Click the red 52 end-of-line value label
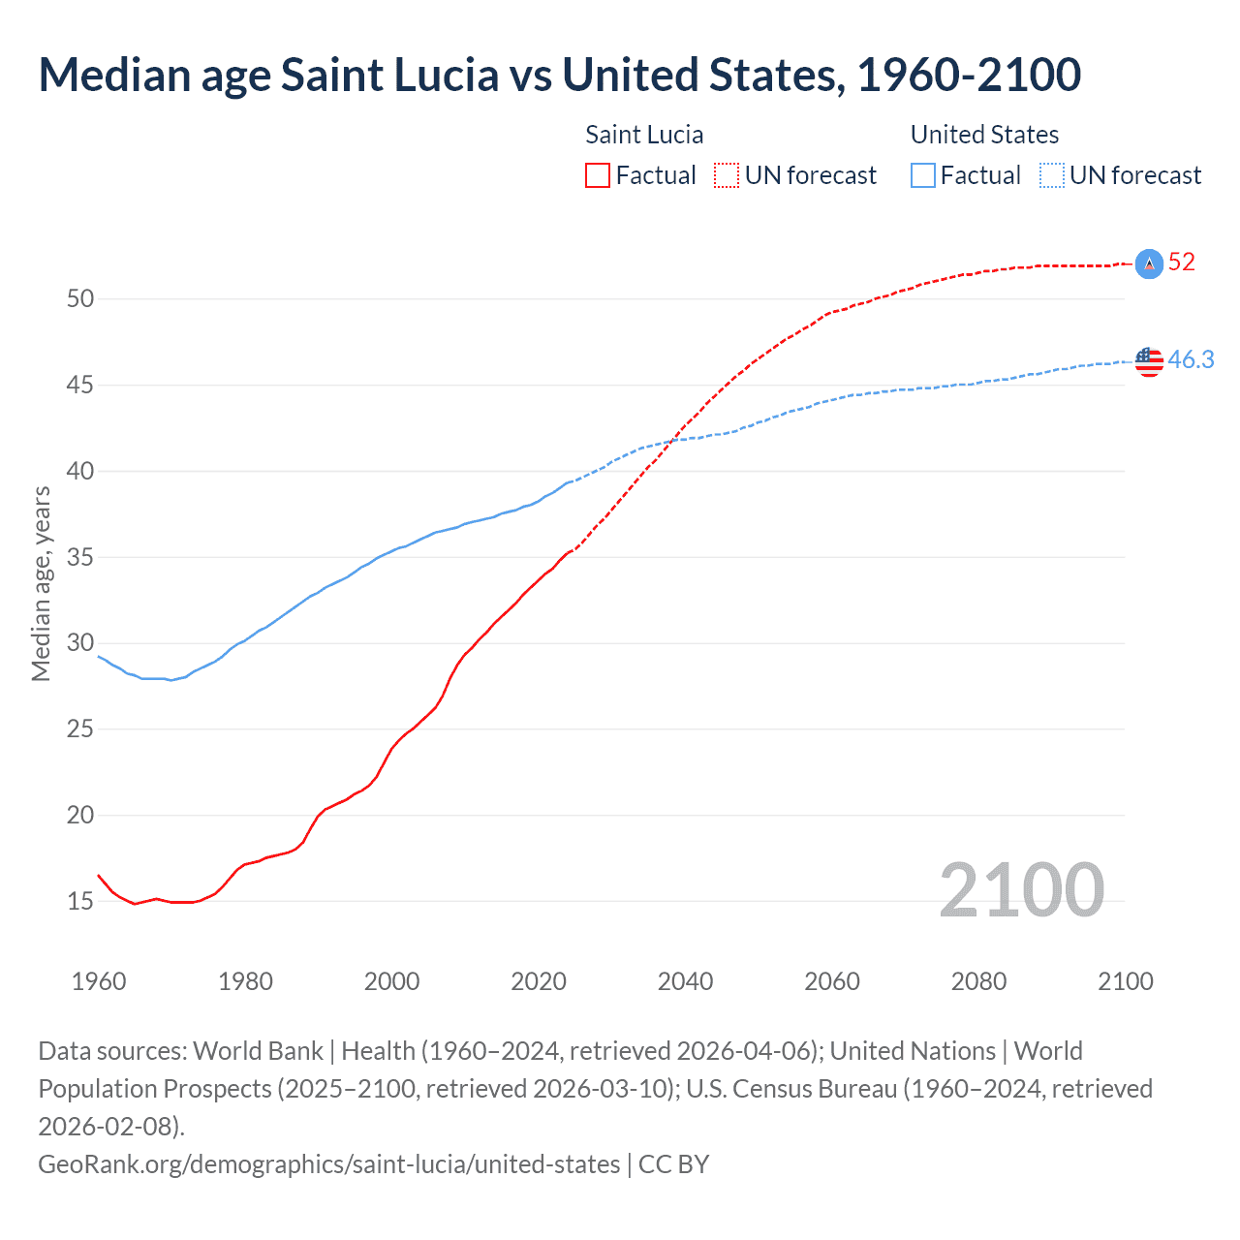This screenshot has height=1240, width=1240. click(x=1181, y=262)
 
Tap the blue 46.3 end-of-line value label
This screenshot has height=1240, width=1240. click(x=1191, y=359)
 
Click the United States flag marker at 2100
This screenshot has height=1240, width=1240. click(x=1149, y=361)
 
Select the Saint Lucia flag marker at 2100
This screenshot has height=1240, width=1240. click(x=1149, y=263)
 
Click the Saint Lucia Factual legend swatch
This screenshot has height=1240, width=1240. click(x=598, y=175)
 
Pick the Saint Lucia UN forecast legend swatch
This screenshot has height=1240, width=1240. click(x=727, y=175)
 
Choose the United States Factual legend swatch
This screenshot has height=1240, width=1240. click(x=923, y=175)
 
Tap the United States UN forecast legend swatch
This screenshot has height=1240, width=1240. click(x=1052, y=175)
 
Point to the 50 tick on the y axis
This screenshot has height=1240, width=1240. click(x=80, y=299)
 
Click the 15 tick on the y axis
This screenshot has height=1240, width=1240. click(x=80, y=902)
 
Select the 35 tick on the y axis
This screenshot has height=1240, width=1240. click(x=80, y=558)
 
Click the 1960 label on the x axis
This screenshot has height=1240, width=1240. click(x=99, y=981)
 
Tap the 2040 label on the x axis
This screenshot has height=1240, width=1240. click(x=685, y=981)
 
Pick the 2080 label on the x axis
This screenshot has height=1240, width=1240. click(x=978, y=981)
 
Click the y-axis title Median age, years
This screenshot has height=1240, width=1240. click(x=41, y=584)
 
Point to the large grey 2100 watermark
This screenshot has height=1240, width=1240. click(x=1021, y=890)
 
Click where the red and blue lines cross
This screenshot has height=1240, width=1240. click(x=672, y=441)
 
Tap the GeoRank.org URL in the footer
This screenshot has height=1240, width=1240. click(x=328, y=1163)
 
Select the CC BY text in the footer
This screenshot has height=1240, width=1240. click(x=674, y=1163)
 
